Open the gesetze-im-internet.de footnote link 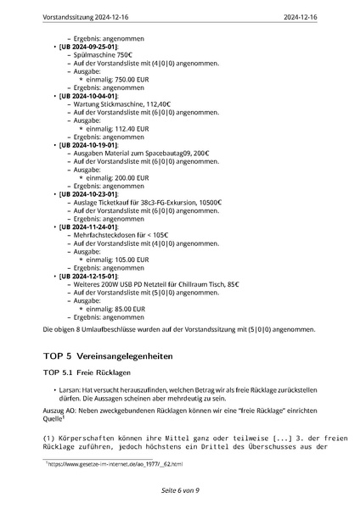[x=115, y=465]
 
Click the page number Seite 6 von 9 [x=180, y=491]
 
